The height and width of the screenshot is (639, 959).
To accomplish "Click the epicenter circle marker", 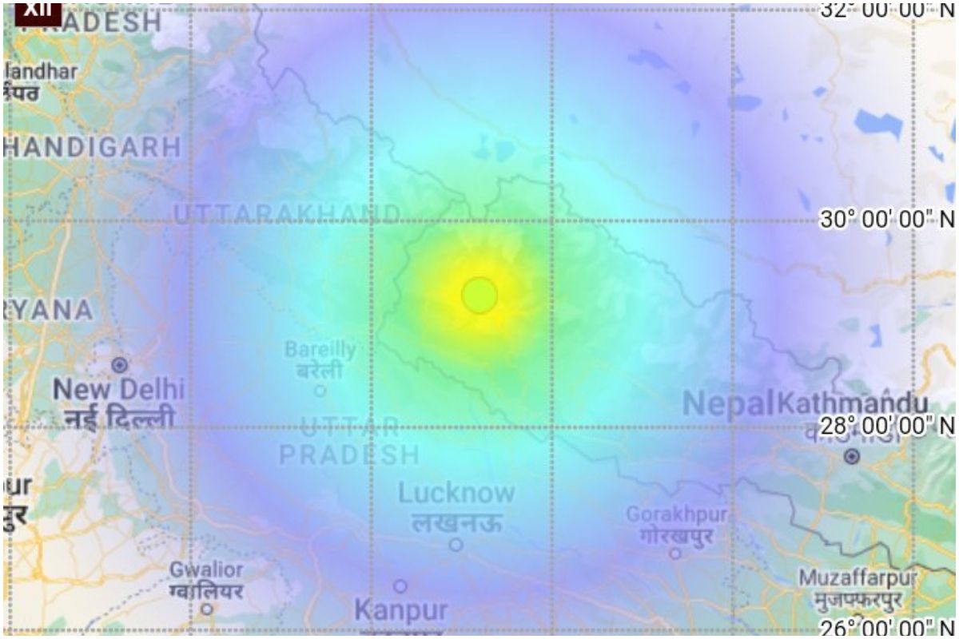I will (479, 296).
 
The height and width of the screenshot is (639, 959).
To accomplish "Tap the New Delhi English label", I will (118, 390).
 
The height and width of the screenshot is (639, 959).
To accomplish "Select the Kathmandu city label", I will (853, 403).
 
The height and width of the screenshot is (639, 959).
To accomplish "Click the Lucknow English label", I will (456, 493).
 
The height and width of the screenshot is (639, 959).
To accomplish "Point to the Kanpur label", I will (400, 611).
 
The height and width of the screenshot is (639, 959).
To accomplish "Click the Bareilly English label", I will (320, 350).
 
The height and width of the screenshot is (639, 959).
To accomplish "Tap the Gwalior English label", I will (206, 570).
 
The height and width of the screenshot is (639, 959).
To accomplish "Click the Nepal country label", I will (729, 404).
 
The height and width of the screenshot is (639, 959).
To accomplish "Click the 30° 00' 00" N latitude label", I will (888, 220).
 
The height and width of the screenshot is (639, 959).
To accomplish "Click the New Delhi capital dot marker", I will (119, 365).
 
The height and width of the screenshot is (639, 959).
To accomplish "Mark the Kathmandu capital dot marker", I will (852, 457).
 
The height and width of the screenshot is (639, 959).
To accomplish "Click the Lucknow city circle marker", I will (456, 545).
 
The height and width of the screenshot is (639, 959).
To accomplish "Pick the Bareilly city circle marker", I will (320, 391).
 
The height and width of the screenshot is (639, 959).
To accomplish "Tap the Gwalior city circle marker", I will (207, 608).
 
